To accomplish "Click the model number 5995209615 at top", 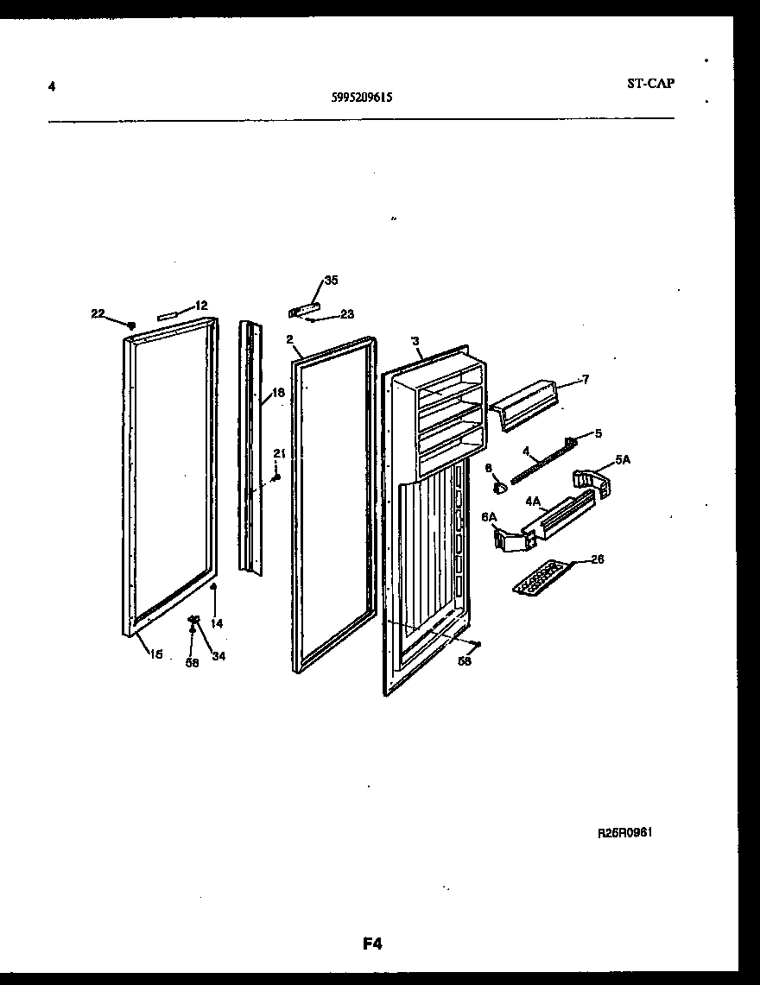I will tap(362, 98).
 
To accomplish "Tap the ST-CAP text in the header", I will tap(650, 84).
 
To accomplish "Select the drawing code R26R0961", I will tap(624, 834).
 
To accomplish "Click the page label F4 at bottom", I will tap(372, 944).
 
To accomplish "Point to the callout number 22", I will tap(98, 313).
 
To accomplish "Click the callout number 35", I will tap(331, 281).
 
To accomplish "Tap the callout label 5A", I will tap(622, 460).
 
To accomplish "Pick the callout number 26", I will tap(597, 559).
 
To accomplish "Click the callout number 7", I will tap(585, 380).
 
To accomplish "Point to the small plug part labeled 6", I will tap(498, 489).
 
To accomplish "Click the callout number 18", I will tap(277, 393).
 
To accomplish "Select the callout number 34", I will tap(218, 656).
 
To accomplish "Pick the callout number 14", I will tap(217, 622).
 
